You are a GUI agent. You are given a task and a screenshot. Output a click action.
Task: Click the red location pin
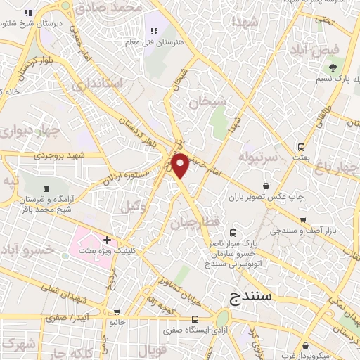click(x=181, y=166)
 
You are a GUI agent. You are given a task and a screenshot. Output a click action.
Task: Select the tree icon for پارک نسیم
click(x=332, y=68)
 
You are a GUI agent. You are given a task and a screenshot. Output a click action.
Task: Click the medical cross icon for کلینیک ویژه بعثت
click(x=107, y=240)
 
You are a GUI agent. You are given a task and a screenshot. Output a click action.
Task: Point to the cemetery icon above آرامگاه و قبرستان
click(x=47, y=188)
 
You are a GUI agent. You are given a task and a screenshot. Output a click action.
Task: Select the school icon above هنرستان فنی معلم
click(x=153, y=30)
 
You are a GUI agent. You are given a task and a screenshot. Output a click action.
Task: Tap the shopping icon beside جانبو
click(x=117, y=311)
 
